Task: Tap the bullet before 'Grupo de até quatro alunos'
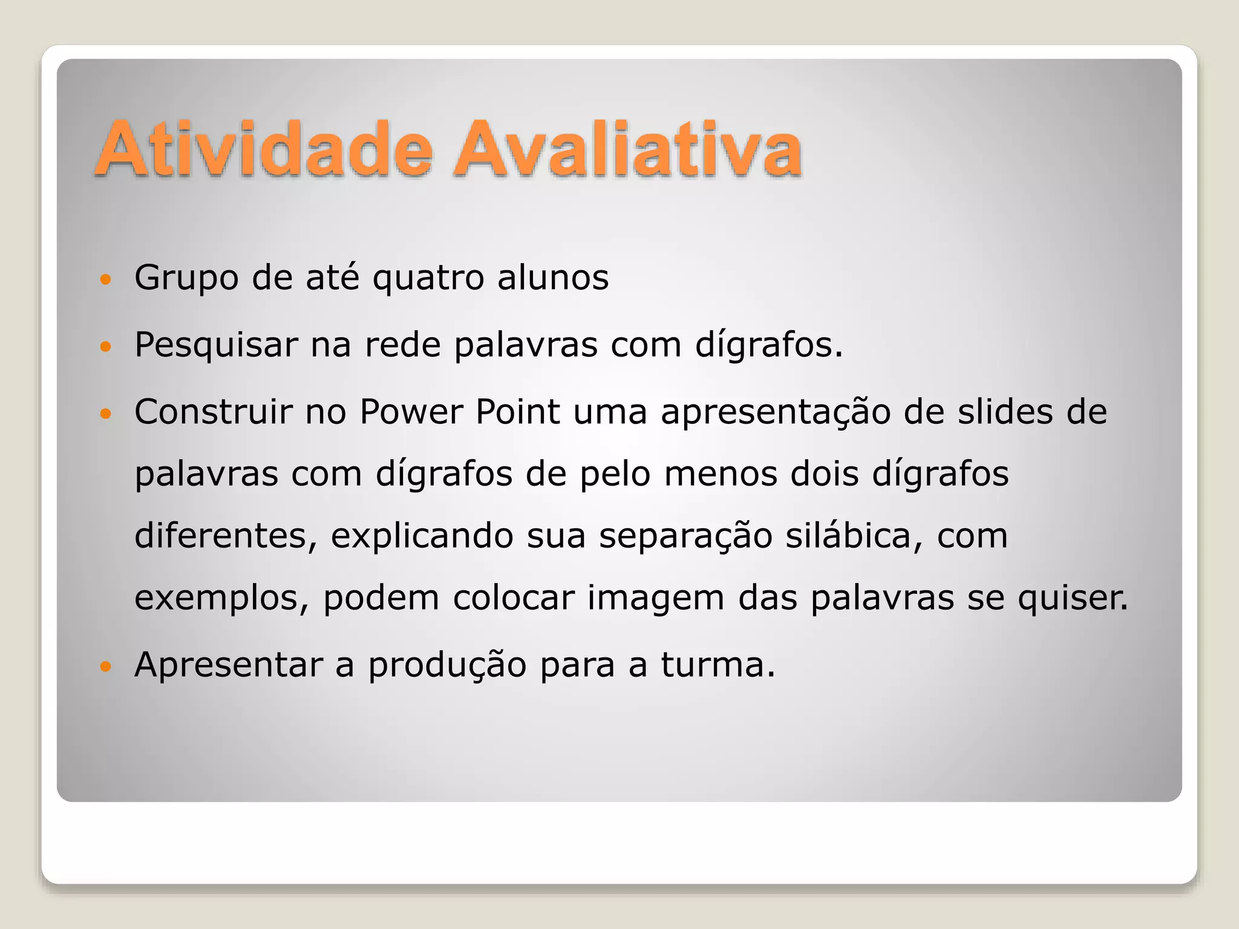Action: point(106,279)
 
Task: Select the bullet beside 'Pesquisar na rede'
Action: point(106,347)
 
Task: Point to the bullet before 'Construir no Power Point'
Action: point(106,414)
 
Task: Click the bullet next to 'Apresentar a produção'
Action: point(106,667)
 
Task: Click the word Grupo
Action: point(186,279)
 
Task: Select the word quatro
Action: point(428,279)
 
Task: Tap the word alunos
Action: point(553,278)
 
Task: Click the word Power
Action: point(411,412)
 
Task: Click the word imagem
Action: point(656,599)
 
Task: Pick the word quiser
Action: point(1073,599)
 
